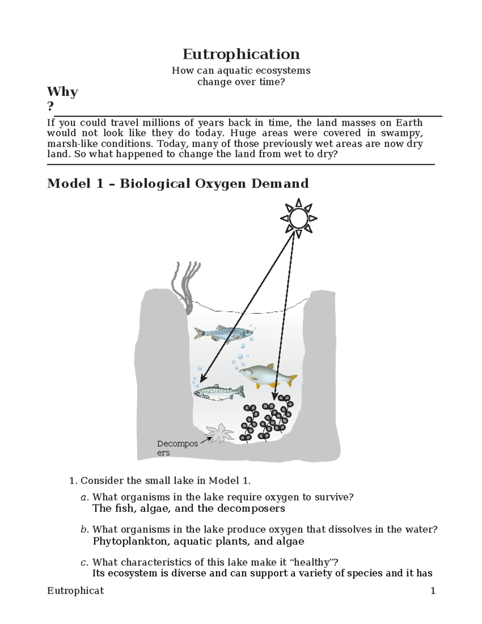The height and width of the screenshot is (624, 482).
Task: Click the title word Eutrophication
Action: point(241,54)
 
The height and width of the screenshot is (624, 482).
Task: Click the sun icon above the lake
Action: point(298,219)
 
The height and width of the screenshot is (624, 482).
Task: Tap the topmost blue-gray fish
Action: point(223,333)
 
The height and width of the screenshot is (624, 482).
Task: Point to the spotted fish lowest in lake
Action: point(219,392)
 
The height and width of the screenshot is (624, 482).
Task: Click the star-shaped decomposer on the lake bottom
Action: point(219,433)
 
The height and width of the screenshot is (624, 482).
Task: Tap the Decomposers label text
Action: point(177,448)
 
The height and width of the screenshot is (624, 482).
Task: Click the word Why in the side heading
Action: point(62,92)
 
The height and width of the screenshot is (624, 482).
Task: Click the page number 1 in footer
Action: point(433,591)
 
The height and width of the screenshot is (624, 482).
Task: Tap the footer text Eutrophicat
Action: point(75,591)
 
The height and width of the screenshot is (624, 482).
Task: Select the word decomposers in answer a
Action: point(251,508)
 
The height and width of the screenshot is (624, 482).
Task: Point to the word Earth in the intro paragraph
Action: point(409,123)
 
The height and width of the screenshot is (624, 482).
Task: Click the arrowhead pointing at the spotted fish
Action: point(202,379)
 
